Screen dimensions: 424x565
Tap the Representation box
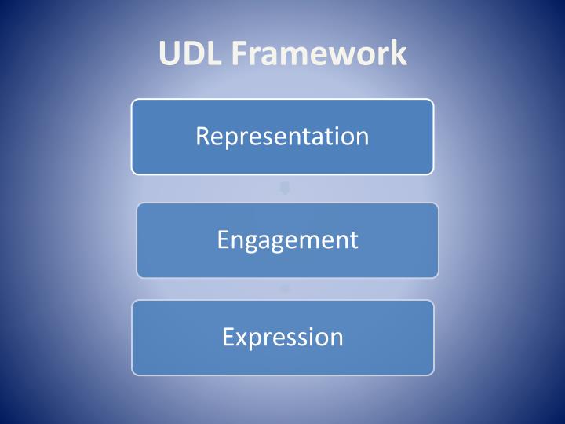(282, 137)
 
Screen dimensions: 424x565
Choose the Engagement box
(287, 240)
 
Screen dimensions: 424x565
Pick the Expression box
(282, 338)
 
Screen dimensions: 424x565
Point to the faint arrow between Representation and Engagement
(285, 188)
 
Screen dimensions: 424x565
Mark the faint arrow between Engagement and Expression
(285, 288)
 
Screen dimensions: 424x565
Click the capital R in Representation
(202, 137)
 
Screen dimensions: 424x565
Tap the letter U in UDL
(169, 53)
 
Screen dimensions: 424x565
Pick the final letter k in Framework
(399, 53)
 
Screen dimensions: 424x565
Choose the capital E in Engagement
(223, 239)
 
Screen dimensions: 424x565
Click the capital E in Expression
(228, 338)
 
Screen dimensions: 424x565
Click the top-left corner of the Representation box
(133, 101)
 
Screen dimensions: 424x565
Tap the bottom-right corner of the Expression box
(432, 373)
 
